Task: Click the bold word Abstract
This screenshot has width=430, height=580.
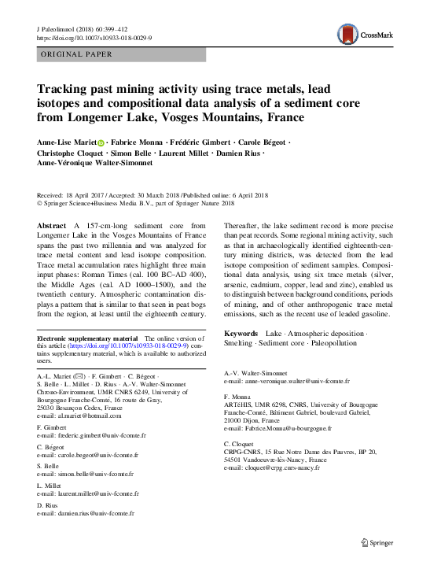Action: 52,225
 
